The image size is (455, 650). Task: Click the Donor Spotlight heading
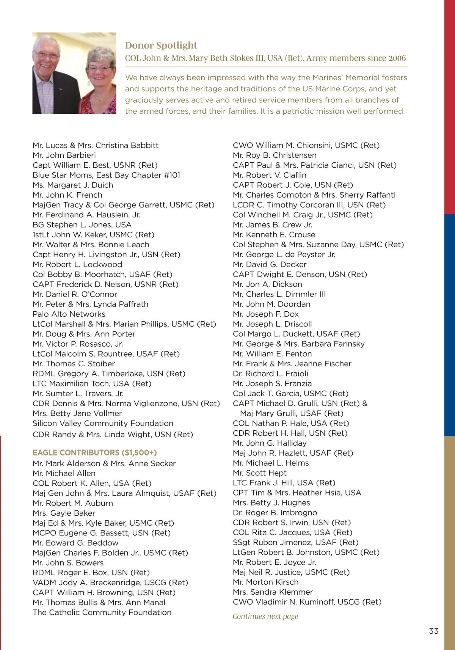161,46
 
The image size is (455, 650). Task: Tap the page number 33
433,631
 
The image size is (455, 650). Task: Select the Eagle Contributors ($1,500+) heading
94,452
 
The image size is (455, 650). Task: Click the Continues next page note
265,616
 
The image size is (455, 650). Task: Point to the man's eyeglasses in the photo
46,55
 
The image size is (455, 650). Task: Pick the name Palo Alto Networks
69,314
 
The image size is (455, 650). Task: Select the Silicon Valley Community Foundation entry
103,423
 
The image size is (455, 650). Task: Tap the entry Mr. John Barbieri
64,155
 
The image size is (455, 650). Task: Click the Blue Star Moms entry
106,175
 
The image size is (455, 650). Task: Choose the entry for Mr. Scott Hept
260,473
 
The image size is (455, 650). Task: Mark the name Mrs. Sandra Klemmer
273,592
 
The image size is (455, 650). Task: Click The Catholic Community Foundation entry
102,612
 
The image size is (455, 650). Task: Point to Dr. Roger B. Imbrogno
275,513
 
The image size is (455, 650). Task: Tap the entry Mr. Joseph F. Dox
266,314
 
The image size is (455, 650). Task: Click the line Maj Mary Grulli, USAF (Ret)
292,413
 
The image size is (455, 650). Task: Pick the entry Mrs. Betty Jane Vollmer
77,413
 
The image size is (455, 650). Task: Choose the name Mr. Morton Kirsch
265,582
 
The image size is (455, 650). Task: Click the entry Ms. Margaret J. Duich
73,185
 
